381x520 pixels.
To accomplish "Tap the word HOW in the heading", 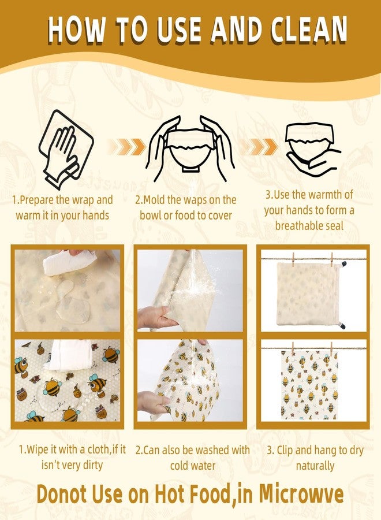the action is click(x=76, y=30).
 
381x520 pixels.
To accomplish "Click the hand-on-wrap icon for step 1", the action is click(x=66, y=150).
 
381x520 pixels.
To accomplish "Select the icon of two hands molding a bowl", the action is click(x=190, y=144).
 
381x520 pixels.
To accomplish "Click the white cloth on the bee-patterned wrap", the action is click(x=70, y=355).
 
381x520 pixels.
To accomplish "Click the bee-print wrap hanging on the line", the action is click(x=310, y=385).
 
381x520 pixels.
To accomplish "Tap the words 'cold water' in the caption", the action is click(x=192, y=466).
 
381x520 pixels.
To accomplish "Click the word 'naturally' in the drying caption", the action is click(x=315, y=466).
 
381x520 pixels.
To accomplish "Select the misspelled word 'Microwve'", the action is click(x=301, y=494).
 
